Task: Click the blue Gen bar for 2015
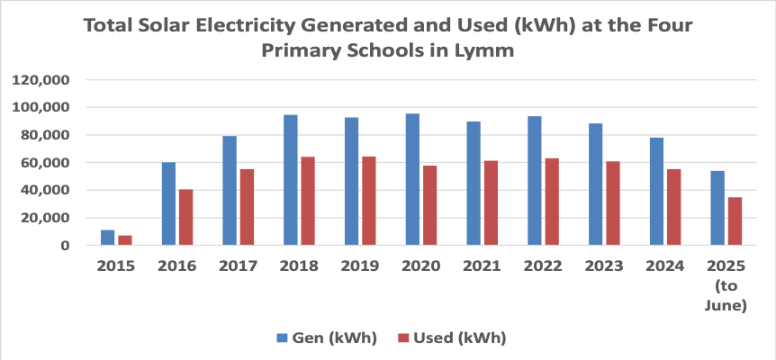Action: [107, 238]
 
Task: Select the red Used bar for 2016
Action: [185, 217]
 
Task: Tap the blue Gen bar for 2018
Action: [291, 180]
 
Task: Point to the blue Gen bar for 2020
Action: [412, 179]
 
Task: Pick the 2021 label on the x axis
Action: [482, 266]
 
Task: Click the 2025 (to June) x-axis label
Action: [726, 285]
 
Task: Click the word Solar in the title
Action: [173, 26]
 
